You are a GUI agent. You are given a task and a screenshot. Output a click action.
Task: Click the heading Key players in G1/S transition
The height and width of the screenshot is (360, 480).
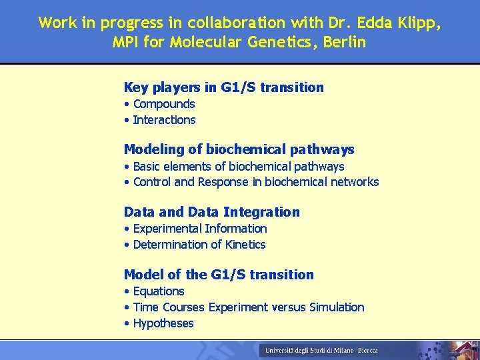tap(224, 87)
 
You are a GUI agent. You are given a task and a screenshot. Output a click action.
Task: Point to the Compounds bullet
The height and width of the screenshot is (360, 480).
tap(164, 104)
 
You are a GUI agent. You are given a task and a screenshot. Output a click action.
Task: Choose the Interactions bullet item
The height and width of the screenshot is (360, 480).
tap(164, 120)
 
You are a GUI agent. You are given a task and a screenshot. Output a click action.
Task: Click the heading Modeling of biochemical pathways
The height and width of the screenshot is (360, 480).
tap(239, 149)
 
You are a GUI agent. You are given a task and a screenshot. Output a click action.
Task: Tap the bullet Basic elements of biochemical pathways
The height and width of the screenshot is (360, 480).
tap(239, 166)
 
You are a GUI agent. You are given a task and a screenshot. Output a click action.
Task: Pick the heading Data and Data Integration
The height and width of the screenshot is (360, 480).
tap(212, 212)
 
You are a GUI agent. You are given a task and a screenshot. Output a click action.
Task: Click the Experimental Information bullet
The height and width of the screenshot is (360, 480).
tap(200, 229)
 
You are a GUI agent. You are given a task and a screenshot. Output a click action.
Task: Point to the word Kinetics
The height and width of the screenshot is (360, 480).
tap(245, 245)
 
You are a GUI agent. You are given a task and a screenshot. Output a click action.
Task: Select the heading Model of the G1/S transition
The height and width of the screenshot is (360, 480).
tap(219, 275)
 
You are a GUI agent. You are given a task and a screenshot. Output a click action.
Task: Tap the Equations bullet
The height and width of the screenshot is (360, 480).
tap(159, 291)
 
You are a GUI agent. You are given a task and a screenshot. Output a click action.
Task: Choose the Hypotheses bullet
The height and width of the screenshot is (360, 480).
tap(163, 323)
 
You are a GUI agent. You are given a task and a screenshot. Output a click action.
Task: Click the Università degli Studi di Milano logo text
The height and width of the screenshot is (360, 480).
tap(321, 350)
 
